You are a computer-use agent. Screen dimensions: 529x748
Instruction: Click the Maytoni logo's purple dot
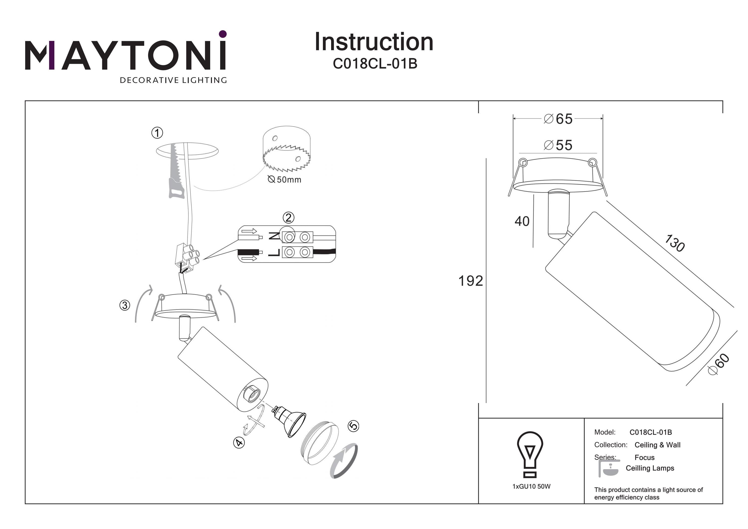point(223,34)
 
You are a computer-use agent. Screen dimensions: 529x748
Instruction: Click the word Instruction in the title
point(374,42)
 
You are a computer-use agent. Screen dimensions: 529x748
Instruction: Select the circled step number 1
point(157,133)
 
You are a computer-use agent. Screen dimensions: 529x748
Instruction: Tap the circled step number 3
point(125,306)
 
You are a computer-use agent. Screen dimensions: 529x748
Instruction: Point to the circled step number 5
point(354,426)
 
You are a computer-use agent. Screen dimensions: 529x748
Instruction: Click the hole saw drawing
point(287,150)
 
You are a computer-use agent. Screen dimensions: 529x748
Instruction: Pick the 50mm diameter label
point(285,180)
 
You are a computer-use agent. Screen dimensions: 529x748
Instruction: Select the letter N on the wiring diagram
point(275,236)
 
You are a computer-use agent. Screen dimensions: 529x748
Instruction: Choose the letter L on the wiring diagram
point(275,253)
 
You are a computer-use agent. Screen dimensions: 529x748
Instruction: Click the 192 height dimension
point(470,281)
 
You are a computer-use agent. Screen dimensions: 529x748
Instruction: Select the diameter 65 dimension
point(559,119)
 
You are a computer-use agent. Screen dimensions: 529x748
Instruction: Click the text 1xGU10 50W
point(531,487)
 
